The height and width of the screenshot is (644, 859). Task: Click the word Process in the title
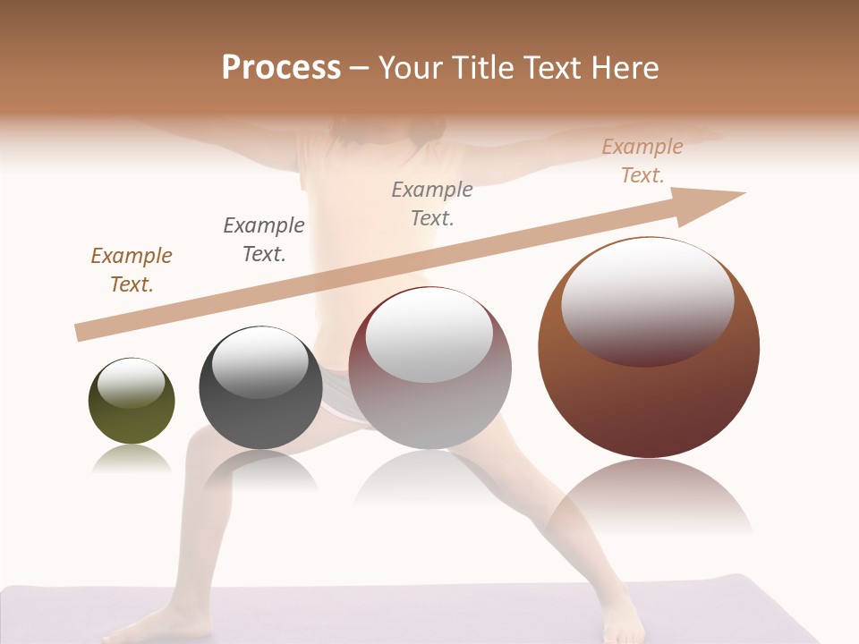click(x=281, y=68)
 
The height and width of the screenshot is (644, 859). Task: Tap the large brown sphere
click(x=649, y=394)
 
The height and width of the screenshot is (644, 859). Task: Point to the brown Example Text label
click(x=132, y=270)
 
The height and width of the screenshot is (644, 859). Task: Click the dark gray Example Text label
click(x=264, y=240)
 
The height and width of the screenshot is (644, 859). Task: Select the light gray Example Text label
click(x=432, y=204)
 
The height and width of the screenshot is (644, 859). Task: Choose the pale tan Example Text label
click(x=642, y=161)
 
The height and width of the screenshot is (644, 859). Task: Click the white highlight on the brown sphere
click(x=647, y=300)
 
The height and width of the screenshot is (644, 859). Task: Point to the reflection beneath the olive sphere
click(x=132, y=460)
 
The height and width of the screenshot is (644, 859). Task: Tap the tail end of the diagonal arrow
click(x=81, y=333)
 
